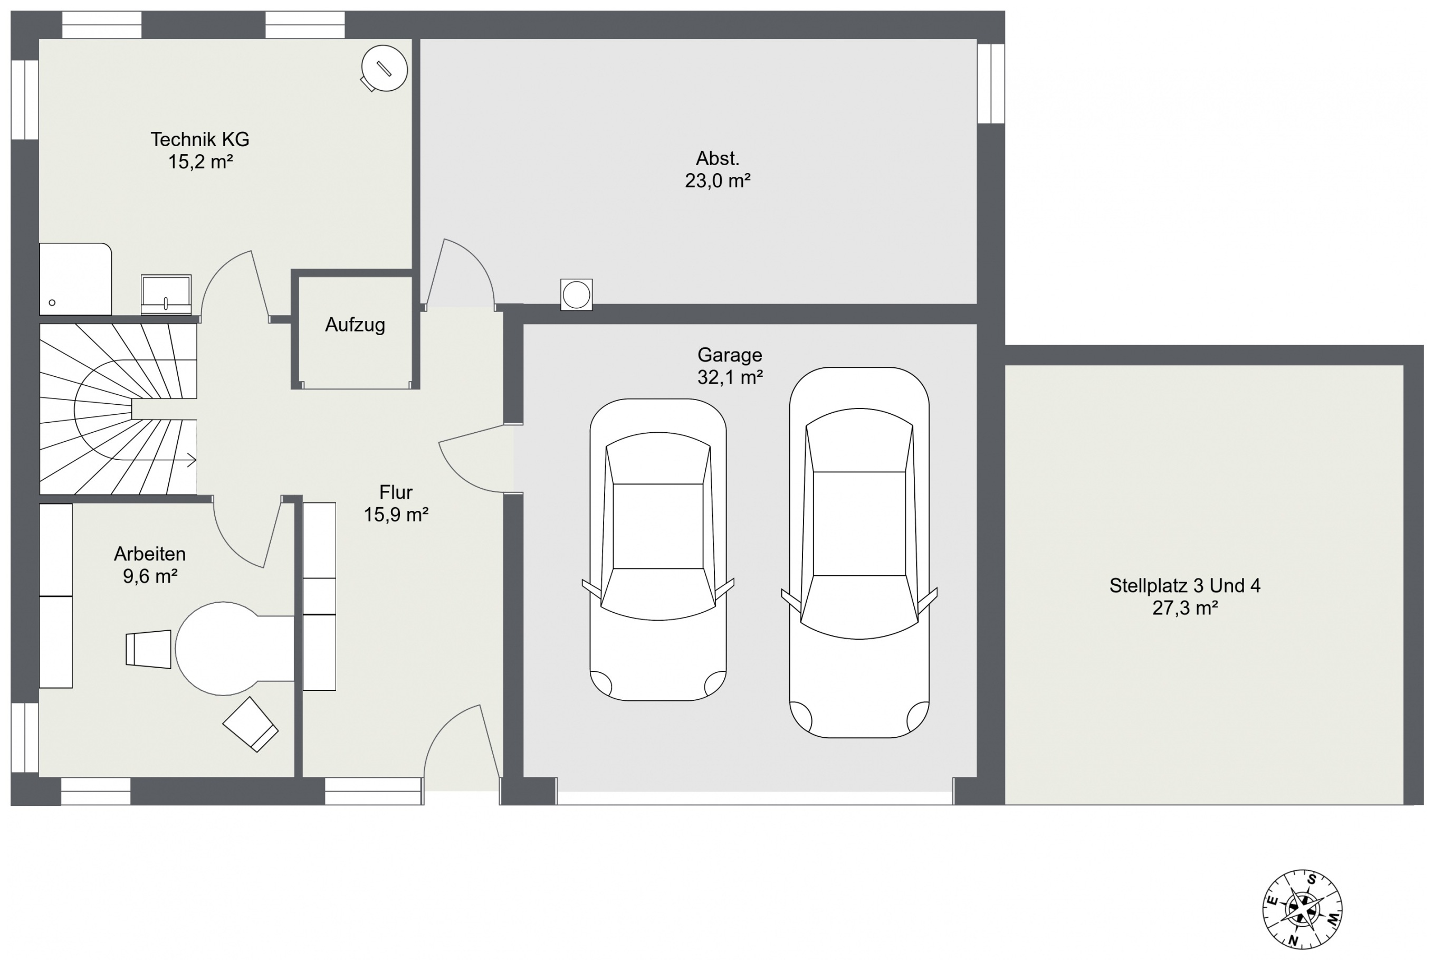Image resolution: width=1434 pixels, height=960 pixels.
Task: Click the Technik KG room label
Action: [x=199, y=139]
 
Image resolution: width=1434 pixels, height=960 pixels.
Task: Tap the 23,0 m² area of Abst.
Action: [x=718, y=180]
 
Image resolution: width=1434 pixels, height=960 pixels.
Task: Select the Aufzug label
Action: [x=355, y=325]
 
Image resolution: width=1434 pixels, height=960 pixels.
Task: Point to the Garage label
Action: [x=730, y=355]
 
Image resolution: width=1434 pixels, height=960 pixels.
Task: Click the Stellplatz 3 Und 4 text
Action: [x=1185, y=586]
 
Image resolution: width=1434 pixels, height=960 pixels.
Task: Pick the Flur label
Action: [x=396, y=492]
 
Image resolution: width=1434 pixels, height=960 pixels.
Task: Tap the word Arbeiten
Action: [x=150, y=554]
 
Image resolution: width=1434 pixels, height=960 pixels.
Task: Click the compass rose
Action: [x=1303, y=909]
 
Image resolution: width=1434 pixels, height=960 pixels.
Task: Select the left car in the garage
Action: [x=658, y=549]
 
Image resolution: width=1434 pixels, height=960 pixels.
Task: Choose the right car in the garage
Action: [x=859, y=552]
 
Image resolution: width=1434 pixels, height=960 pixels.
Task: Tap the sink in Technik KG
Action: [x=166, y=294]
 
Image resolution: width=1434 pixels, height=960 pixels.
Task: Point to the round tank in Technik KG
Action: [x=384, y=69]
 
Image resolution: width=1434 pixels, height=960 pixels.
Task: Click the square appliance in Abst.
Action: [x=576, y=294]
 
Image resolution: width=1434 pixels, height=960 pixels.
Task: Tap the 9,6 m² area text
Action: [x=150, y=576]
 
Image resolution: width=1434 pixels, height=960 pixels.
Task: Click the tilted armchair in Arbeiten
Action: [x=250, y=724]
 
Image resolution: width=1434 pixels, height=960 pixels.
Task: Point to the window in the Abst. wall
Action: [x=990, y=83]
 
